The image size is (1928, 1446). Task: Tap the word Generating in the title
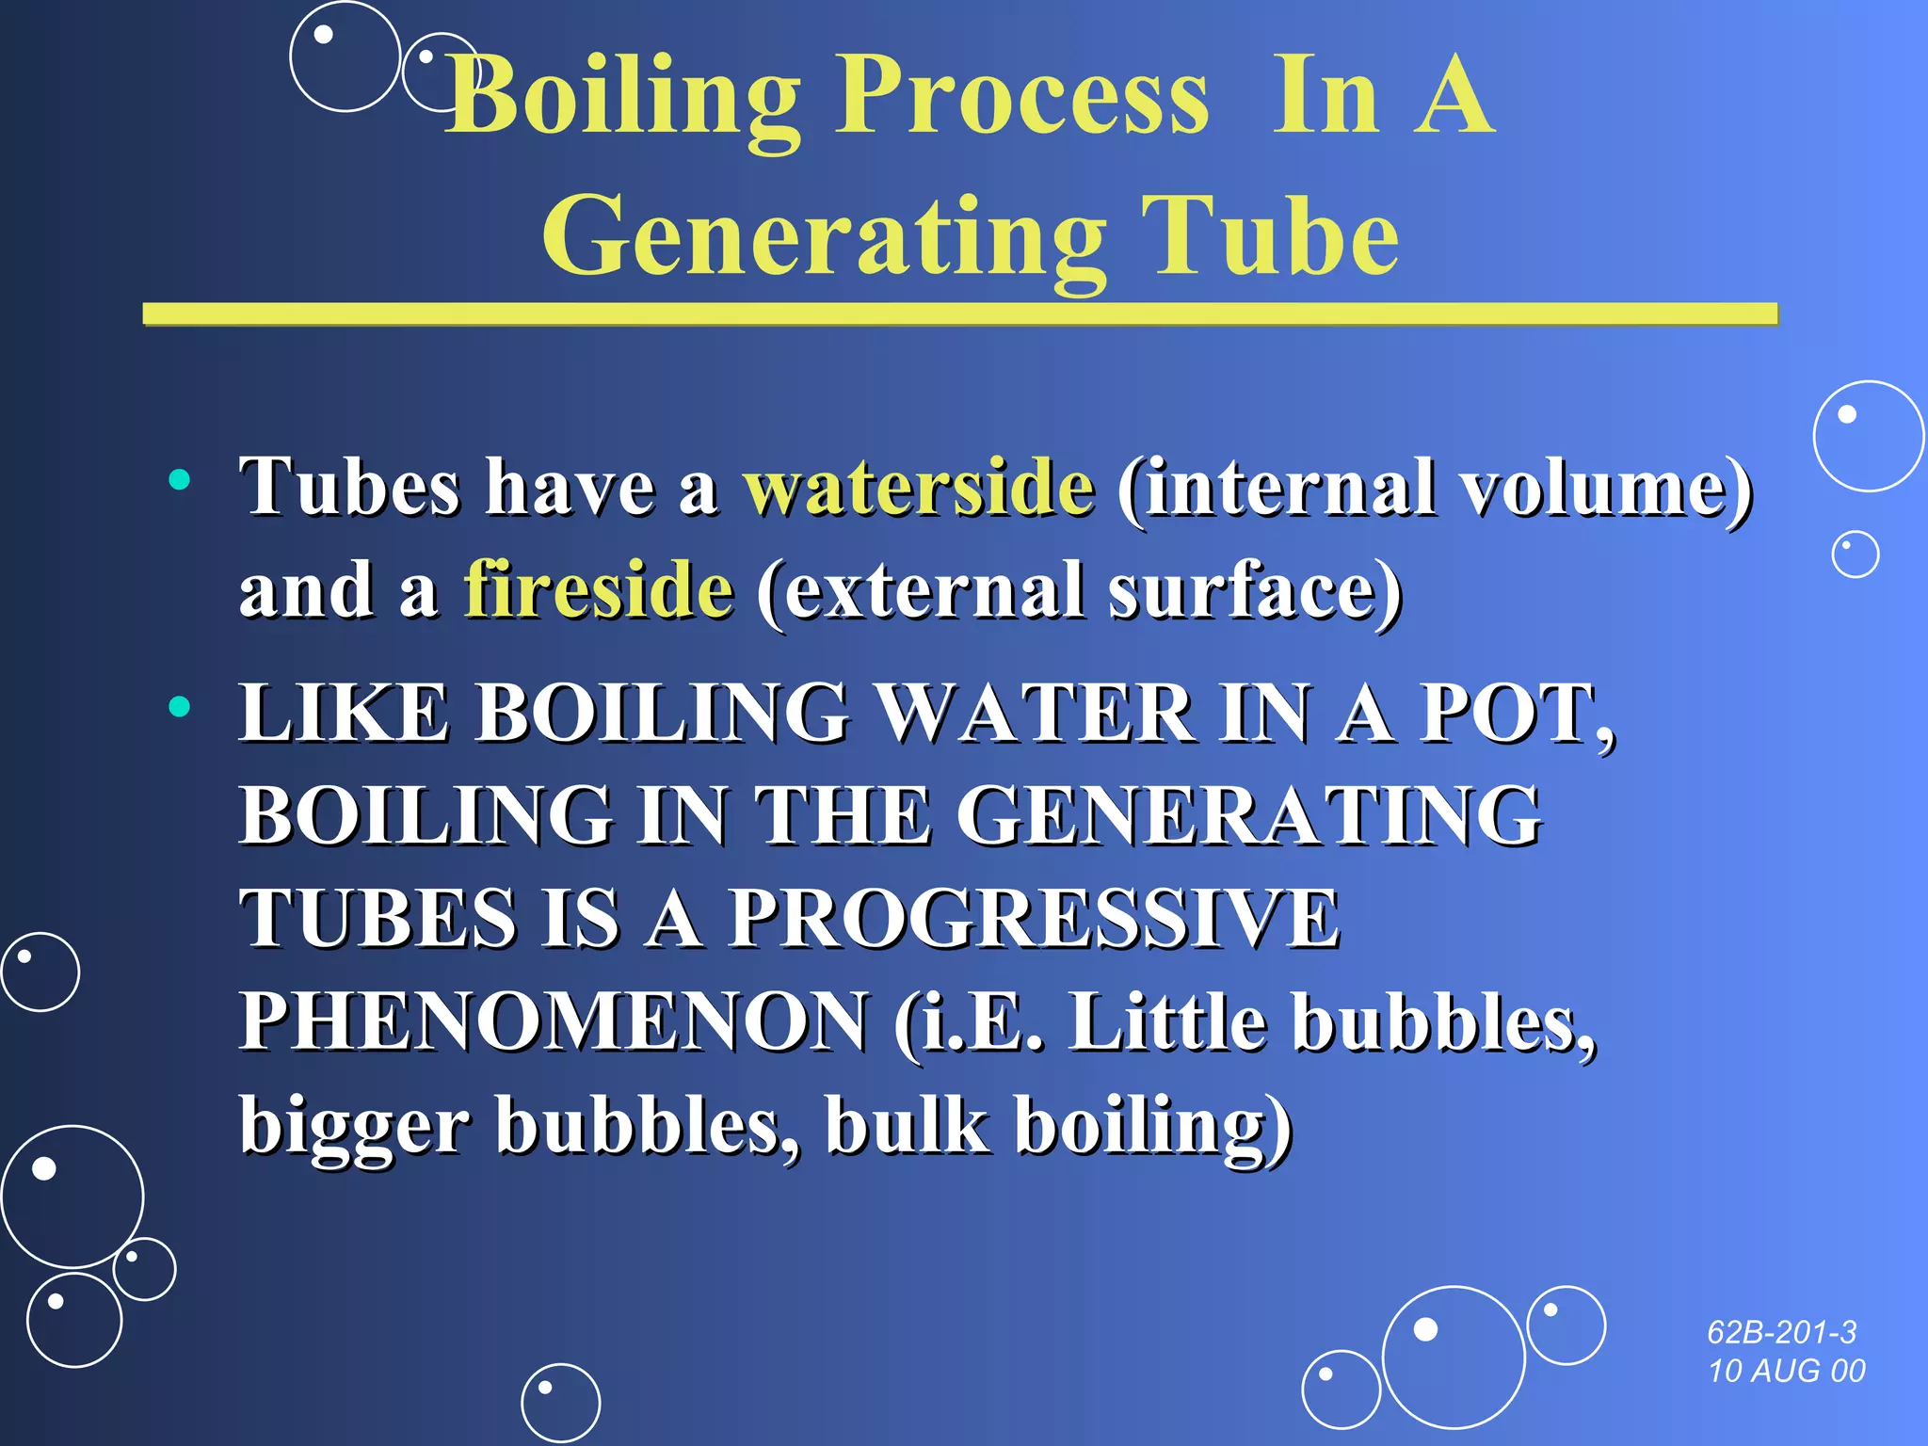coord(824,237)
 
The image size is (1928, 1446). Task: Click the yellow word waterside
coord(919,488)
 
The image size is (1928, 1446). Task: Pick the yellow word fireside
coord(599,590)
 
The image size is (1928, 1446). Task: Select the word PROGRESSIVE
coord(1035,919)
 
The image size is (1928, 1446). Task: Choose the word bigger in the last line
coord(355,1126)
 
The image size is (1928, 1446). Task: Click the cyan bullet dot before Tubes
coord(179,480)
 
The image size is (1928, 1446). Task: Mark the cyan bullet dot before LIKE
coord(179,706)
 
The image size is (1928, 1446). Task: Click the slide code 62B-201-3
coord(1781,1332)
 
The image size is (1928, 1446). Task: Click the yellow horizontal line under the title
coord(959,314)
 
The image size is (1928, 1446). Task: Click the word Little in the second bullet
coord(1167,1022)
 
